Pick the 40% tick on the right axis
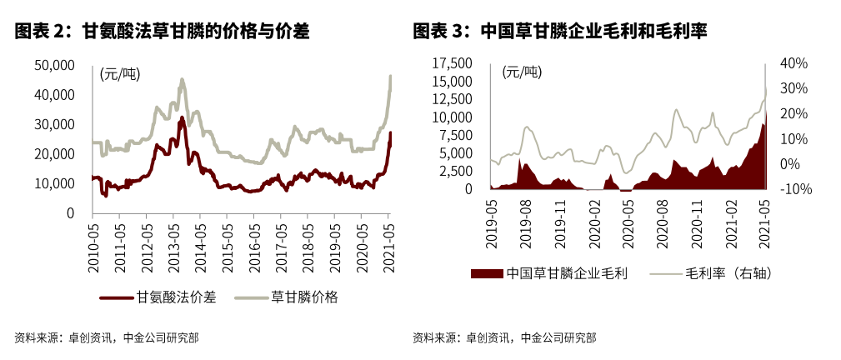point(794,63)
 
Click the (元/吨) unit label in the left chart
point(120,74)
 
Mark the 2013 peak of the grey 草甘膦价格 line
point(182,79)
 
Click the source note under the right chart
point(503,337)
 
